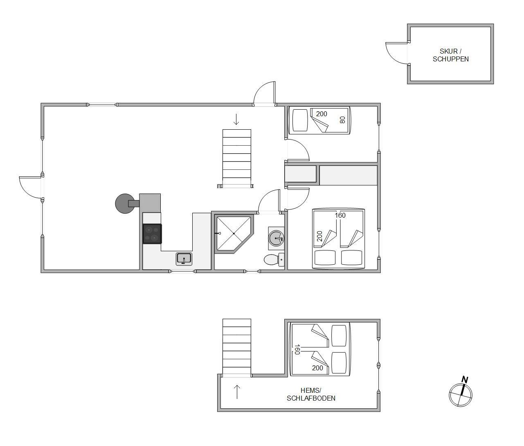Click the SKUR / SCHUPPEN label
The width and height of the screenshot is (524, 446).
[450, 55]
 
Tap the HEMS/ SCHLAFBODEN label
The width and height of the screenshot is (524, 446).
[311, 394]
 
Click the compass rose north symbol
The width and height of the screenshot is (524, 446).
[461, 392]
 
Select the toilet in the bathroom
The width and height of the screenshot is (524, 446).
[274, 260]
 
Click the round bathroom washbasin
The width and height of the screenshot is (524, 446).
[277, 238]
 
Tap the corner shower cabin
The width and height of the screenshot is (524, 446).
[234, 234]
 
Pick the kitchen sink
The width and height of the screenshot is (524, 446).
[184, 259]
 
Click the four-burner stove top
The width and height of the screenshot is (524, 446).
[152, 234]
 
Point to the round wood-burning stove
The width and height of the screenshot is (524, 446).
[125, 203]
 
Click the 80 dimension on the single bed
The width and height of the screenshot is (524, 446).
[342, 119]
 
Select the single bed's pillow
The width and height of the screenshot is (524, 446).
[300, 120]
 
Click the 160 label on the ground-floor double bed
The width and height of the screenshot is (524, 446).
[340, 215]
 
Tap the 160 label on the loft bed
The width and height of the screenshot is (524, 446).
[297, 349]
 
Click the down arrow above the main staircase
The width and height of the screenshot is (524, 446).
[236, 119]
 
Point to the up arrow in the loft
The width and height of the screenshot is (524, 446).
[237, 392]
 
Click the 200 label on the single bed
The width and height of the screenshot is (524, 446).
[322, 114]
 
